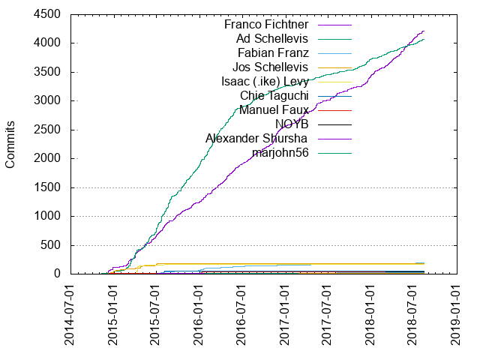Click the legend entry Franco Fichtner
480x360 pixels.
266,24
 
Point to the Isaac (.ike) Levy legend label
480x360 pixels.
265,81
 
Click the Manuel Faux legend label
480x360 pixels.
274,109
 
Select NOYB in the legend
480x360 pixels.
291,124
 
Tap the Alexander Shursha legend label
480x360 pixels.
257,138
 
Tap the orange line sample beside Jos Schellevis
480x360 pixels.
334,67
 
